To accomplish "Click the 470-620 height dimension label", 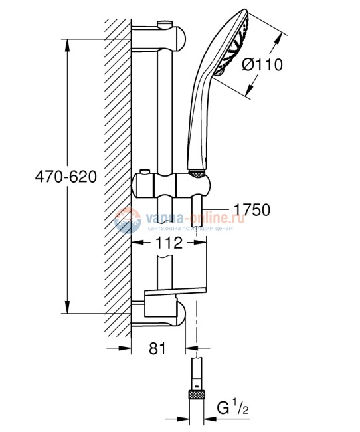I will click(x=66, y=177).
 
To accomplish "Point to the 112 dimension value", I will click(x=169, y=243).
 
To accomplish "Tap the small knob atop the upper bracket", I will click(x=161, y=25).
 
